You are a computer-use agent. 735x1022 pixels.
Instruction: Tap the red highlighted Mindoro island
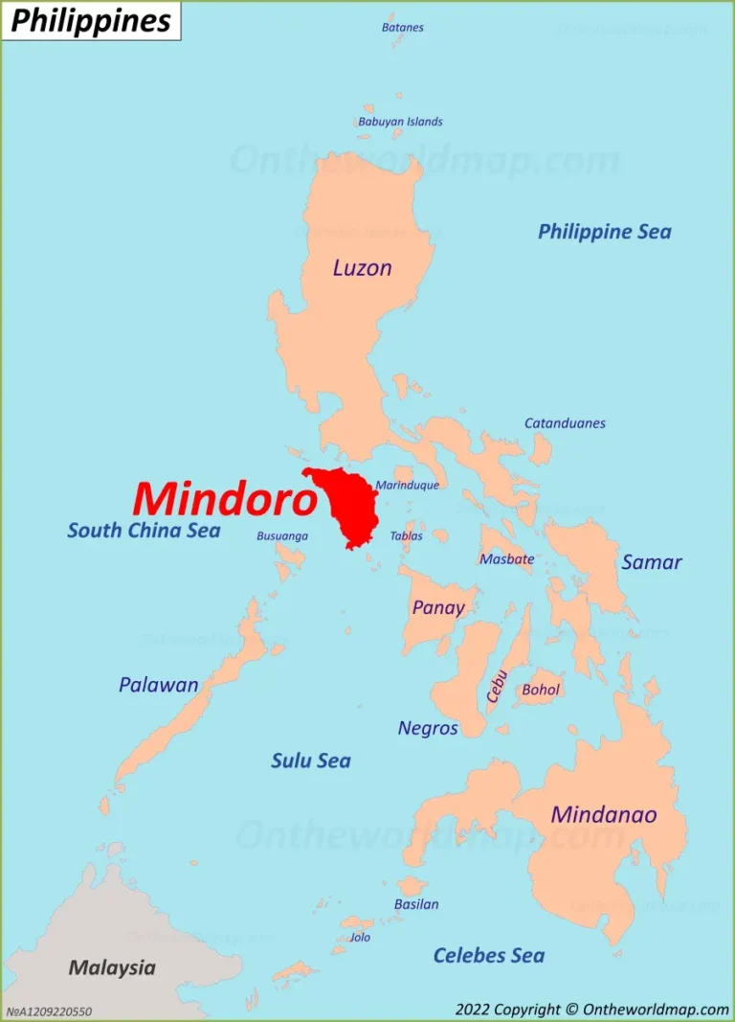click(x=345, y=506)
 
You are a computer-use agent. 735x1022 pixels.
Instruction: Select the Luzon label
click(x=362, y=268)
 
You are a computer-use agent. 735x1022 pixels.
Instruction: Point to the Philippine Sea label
click(x=604, y=232)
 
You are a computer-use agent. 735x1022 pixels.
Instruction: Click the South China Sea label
click(x=144, y=531)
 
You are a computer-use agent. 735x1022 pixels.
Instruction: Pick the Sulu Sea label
click(x=310, y=761)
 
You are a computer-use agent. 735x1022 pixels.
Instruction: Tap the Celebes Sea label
click(x=488, y=955)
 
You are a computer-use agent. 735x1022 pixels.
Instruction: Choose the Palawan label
click(x=158, y=685)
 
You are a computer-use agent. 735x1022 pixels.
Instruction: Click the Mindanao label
click(x=603, y=815)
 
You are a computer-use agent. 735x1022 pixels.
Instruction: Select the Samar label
click(x=651, y=562)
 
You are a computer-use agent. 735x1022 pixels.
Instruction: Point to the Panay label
click(x=437, y=607)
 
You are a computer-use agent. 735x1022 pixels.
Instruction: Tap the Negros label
click(x=427, y=729)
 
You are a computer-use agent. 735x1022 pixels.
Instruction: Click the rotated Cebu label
click(x=496, y=686)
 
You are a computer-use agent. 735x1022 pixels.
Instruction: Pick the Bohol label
click(x=541, y=690)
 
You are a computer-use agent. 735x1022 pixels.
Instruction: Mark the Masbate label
click(x=506, y=559)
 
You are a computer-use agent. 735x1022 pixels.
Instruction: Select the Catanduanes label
click(x=564, y=423)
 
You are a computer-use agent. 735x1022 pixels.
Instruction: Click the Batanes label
click(x=402, y=28)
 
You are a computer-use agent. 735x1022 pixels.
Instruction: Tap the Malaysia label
click(x=111, y=967)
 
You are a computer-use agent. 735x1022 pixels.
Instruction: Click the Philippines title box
click(x=91, y=21)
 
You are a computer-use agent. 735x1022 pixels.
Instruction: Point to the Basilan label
click(x=416, y=904)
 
